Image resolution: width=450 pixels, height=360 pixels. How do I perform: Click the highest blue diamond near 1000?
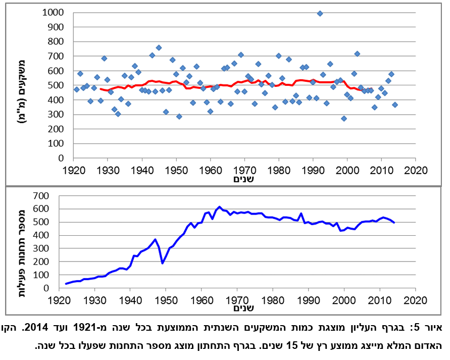320,14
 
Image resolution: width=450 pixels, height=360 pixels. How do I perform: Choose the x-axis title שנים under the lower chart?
243,307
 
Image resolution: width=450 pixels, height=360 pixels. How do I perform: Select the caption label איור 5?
432,327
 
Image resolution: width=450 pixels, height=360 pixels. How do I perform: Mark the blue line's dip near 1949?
162,263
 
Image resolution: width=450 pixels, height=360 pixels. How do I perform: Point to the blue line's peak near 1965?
219,207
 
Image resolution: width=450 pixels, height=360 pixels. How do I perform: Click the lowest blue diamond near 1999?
343,119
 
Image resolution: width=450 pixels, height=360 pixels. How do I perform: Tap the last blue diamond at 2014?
395,105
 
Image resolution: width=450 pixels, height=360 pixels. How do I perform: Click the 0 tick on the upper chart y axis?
56,158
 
